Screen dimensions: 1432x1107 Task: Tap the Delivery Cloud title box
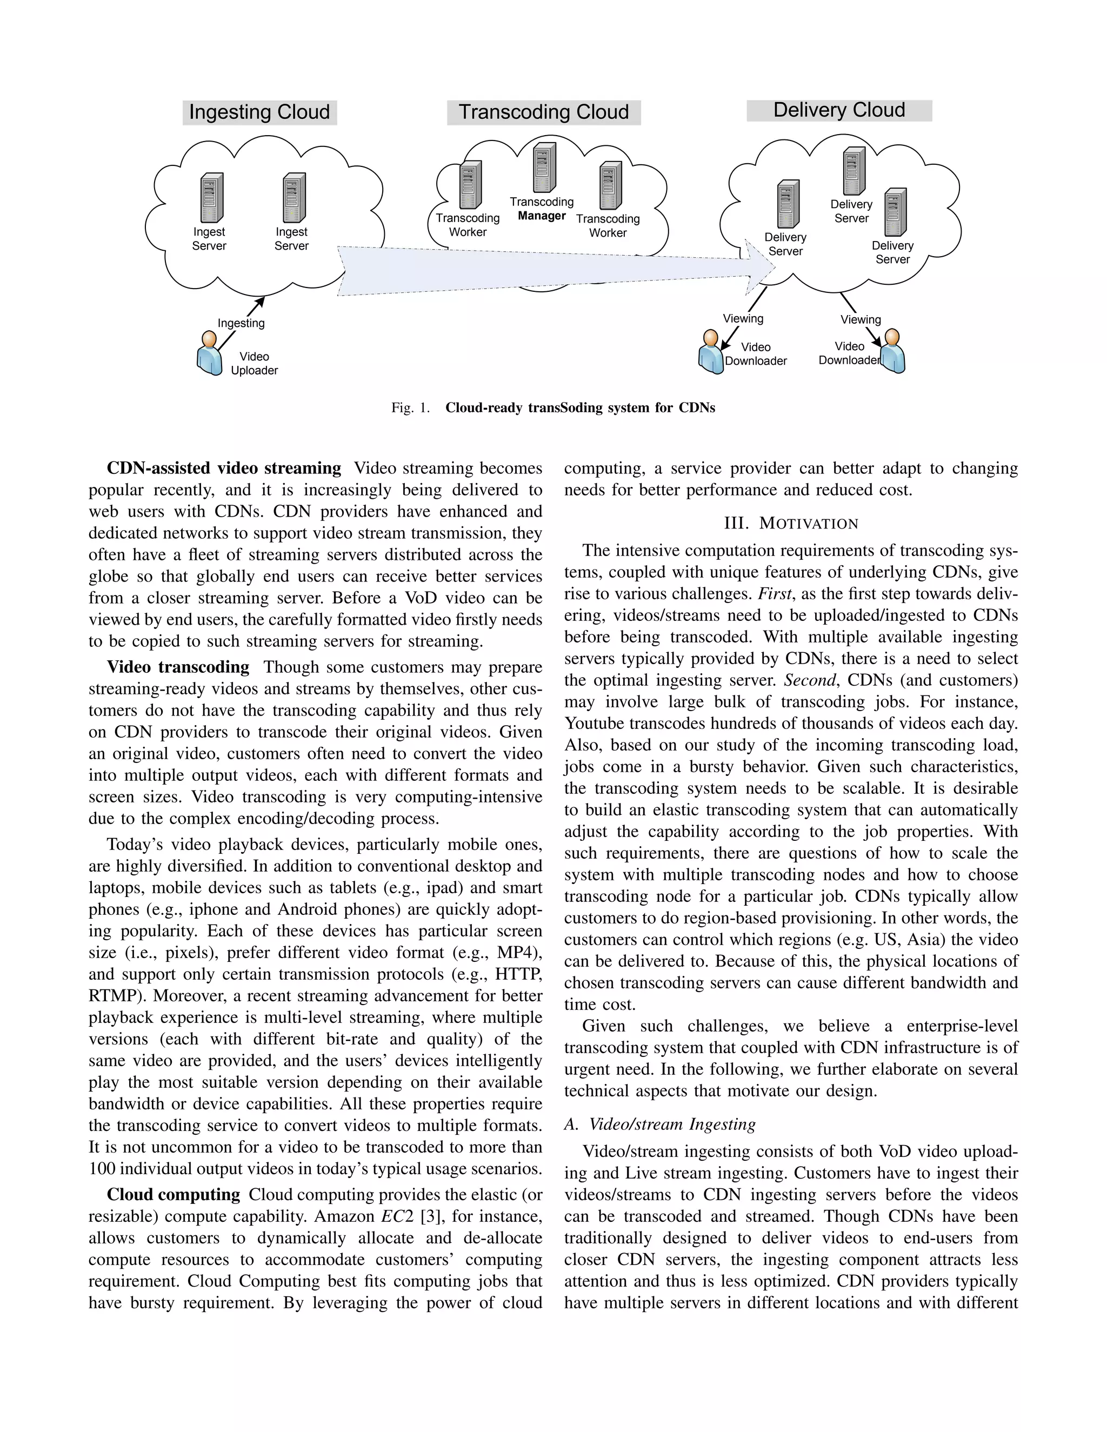point(839,110)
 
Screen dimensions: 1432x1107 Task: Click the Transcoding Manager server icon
point(543,168)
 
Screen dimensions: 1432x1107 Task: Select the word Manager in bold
point(542,216)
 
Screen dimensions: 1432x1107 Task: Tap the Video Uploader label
point(255,363)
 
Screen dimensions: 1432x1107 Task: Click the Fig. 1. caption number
point(411,408)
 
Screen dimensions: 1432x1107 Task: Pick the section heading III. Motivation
point(791,523)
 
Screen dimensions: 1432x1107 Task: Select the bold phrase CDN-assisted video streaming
point(224,468)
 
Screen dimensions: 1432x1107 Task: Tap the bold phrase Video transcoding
point(178,667)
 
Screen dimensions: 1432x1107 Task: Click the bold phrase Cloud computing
point(174,1195)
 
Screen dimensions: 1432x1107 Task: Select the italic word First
point(775,593)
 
